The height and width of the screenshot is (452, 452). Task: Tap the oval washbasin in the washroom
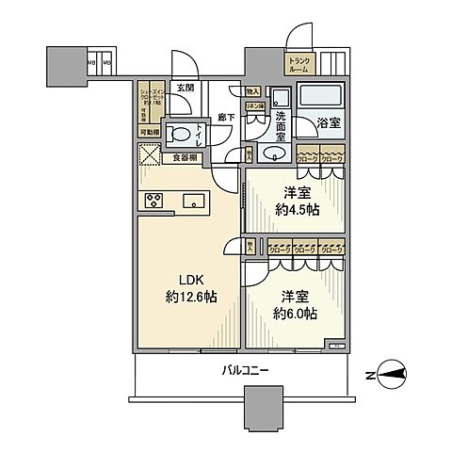pyautogui.click(x=275, y=153)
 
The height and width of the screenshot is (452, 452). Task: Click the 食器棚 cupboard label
pyautogui.click(x=185, y=158)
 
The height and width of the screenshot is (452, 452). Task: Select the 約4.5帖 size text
pyautogui.click(x=297, y=210)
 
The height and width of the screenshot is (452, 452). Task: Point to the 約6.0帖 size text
pyautogui.click(x=296, y=314)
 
